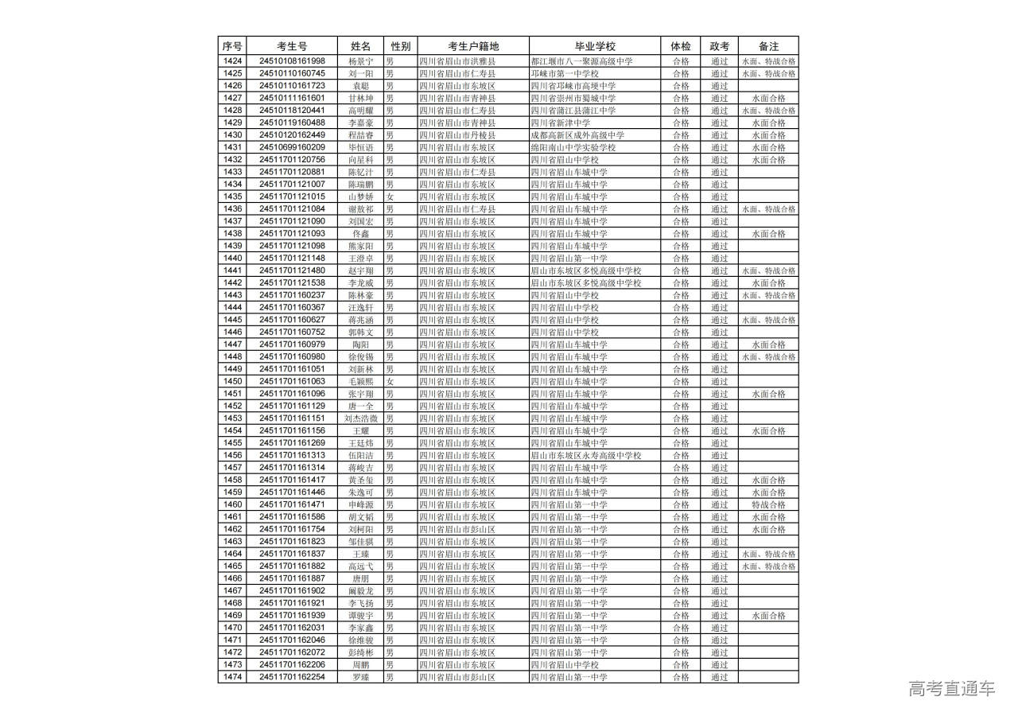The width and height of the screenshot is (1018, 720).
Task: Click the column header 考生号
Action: coord(292,46)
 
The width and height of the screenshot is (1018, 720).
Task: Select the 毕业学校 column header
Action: coord(595,46)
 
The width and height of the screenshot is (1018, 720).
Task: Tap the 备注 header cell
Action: coord(768,46)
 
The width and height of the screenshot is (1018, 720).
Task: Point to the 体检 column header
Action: coord(681,46)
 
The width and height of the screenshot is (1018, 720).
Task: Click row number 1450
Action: coord(232,382)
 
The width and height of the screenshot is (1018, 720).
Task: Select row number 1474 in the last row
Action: coord(232,678)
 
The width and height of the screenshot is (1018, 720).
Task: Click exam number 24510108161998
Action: coord(292,61)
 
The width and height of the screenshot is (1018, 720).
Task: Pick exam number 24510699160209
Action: coord(292,147)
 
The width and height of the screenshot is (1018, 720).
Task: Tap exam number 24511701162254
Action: coord(292,678)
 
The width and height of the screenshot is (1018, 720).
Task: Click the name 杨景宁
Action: coord(360,61)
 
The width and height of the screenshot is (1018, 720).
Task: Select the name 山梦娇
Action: coord(360,197)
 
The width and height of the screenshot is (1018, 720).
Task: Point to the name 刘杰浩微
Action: coord(360,418)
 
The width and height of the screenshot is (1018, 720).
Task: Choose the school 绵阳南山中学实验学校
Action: coord(573,147)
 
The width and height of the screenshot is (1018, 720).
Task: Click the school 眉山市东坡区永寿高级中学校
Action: coord(585,456)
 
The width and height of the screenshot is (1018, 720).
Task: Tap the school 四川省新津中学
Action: coord(561,123)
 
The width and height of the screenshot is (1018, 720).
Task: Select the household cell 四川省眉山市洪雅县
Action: coord(457,61)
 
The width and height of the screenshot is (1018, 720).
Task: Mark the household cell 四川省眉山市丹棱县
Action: coord(457,135)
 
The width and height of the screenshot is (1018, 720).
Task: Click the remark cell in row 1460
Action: coord(768,505)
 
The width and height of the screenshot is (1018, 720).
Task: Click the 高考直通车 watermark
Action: coord(951,689)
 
